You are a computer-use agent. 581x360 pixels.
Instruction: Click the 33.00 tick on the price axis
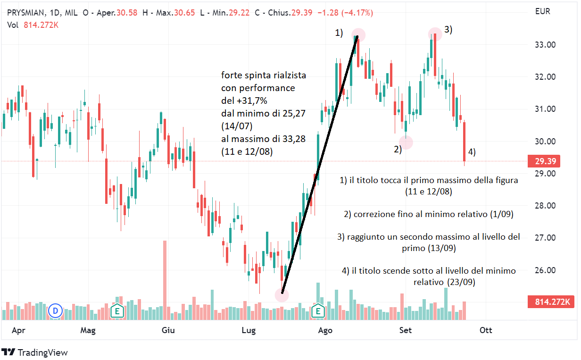544,45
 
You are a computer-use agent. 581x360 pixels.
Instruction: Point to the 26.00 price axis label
544,270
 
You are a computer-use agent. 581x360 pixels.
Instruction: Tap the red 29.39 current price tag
545,161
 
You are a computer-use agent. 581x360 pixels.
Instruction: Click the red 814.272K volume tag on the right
552,301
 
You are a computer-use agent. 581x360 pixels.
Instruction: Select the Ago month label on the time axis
324,330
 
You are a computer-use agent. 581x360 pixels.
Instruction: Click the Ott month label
486,330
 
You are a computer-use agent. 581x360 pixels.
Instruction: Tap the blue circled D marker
56,311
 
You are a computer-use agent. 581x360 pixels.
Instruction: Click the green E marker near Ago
318,311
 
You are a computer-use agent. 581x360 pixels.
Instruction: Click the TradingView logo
35,352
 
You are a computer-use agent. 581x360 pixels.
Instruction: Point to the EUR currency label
543,12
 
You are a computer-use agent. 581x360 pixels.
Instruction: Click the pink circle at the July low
282,294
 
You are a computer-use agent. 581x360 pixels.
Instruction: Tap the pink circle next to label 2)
406,142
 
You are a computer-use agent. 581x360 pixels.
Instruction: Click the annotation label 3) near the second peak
448,30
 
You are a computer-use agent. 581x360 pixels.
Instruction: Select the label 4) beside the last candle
471,152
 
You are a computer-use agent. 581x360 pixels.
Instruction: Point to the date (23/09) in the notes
461,283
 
